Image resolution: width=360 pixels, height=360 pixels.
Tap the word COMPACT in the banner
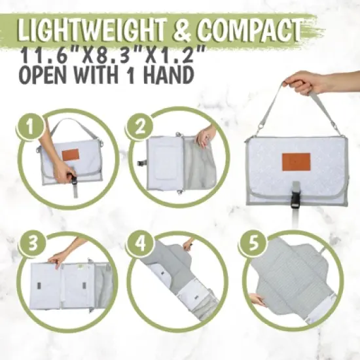point(249,29)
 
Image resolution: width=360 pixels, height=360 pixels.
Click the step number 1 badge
point(31,126)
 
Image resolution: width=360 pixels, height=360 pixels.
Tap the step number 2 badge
point(140,126)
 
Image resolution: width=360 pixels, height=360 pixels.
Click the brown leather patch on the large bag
point(296,162)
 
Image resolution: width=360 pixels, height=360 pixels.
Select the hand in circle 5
point(257,300)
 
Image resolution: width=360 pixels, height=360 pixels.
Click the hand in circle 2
point(206,137)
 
